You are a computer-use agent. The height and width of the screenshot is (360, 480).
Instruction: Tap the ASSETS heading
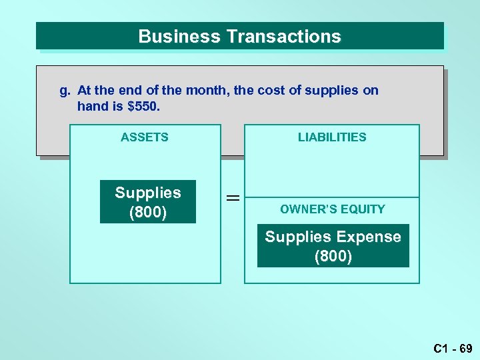click(145, 137)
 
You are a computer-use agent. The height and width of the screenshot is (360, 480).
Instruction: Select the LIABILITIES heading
click(332, 137)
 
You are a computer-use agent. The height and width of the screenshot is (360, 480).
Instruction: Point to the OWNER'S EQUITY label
click(333, 209)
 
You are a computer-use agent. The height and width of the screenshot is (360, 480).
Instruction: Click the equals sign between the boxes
click(233, 198)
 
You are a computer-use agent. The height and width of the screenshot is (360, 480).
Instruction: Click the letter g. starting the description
click(65, 91)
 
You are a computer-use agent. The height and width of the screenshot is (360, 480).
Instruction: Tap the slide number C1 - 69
click(453, 348)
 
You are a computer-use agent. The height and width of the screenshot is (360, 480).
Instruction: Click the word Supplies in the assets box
click(148, 193)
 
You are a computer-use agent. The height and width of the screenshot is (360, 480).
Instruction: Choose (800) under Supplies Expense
click(333, 256)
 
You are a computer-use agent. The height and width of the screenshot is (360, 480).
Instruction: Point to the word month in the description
click(208, 90)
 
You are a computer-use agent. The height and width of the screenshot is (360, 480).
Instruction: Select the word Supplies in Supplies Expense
click(298, 237)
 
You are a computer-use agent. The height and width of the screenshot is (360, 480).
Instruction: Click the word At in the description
click(85, 90)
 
